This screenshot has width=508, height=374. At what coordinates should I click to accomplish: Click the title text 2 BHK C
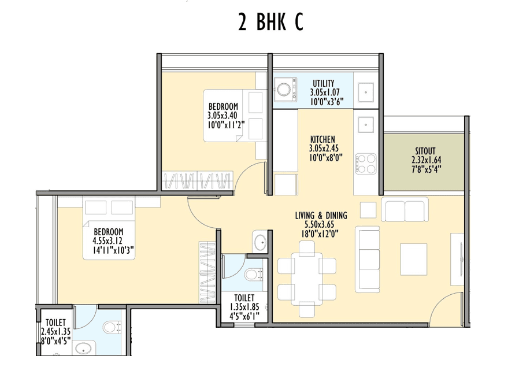tap(270, 23)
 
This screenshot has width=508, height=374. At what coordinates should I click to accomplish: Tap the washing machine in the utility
tap(284, 90)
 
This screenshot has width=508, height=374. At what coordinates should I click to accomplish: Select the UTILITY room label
tap(324, 83)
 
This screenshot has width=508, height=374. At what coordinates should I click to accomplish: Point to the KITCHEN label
tap(322, 139)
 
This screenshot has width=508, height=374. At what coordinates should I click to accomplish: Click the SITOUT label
tap(424, 152)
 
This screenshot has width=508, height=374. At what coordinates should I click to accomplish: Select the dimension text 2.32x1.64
tap(424, 161)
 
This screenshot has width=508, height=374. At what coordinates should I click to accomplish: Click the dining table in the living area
tap(307, 275)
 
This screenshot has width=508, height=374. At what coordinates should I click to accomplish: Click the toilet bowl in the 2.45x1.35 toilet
tap(112, 328)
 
